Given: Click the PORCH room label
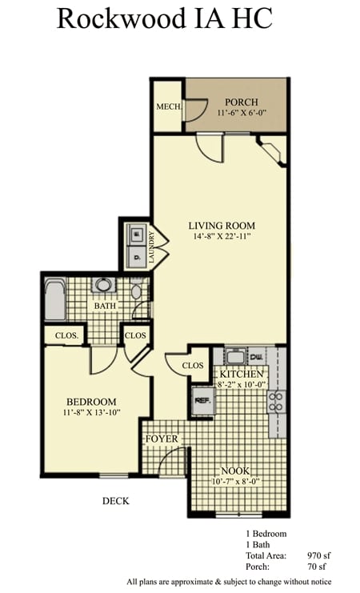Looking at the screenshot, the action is pyautogui.click(x=242, y=102).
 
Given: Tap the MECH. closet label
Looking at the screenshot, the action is pyautogui.click(x=169, y=106).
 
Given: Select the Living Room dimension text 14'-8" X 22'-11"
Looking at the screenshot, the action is pyautogui.click(x=222, y=237).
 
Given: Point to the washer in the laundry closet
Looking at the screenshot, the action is pyautogui.click(x=135, y=234).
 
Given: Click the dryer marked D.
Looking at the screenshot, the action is pyautogui.click(x=135, y=257).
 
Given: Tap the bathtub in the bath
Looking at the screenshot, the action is pyautogui.click(x=55, y=299).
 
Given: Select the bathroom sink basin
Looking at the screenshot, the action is pyautogui.click(x=103, y=285).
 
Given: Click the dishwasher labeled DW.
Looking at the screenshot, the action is pyautogui.click(x=257, y=357).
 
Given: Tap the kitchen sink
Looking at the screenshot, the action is pyautogui.click(x=236, y=356).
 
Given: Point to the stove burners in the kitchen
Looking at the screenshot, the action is pyautogui.click(x=277, y=402).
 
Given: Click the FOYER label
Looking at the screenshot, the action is pyautogui.click(x=162, y=439).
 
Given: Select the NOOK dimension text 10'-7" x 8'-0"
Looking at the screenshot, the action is pyautogui.click(x=236, y=482).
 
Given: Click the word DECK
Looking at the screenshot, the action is pyautogui.click(x=116, y=501).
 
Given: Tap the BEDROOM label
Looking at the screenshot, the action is pyautogui.click(x=91, y=402).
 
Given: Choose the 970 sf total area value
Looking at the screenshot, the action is pyautogui.click(x=318, y=555).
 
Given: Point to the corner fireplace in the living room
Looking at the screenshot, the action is pyautogui.click(x=271, y=151).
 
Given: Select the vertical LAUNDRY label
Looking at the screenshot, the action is pyautogui.click(x=152, y=248).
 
